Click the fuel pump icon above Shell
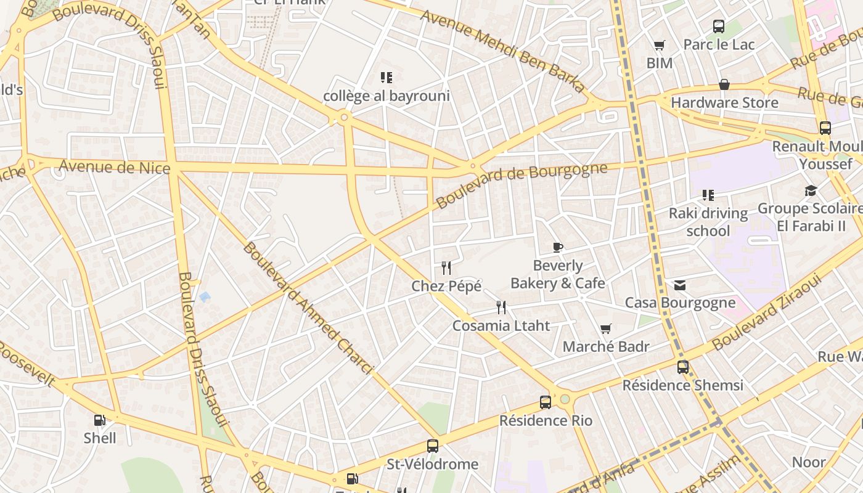[x=99, y=420]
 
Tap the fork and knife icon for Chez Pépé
[x=447, y=268]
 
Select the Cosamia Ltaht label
[x=501, y=325]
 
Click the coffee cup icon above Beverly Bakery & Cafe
[x=558, y=248]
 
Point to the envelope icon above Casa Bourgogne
[x=680, y=285]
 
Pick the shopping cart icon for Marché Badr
[x=606, y=329]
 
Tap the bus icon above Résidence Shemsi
[x=683, y=367]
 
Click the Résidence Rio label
[x=546, y=421]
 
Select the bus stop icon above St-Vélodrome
[x=433, y=446]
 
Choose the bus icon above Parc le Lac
[x=719, y=26]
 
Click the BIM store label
[x=659, y=63]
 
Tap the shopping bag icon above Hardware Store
[x=724, y=84]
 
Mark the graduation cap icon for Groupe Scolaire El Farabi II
[x=811, y=191]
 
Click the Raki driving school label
[x=708, y=222]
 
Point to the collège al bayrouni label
[x=387, y=96]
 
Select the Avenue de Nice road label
[x=114, y=166]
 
